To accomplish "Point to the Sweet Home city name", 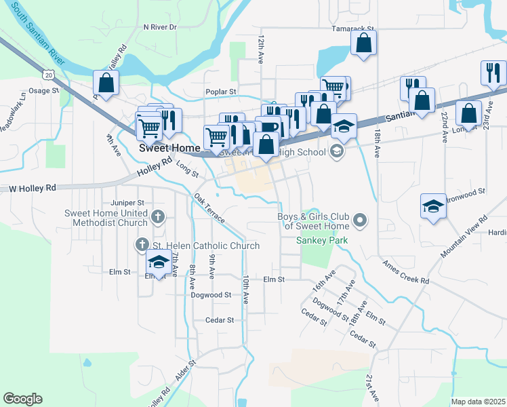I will point(169,147).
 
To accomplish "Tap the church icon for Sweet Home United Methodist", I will point(157,217).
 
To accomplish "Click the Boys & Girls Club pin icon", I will point(361,220).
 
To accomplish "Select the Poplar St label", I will point(221,92).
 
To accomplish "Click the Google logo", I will point(22,399).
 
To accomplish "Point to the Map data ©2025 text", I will point(478,402).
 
